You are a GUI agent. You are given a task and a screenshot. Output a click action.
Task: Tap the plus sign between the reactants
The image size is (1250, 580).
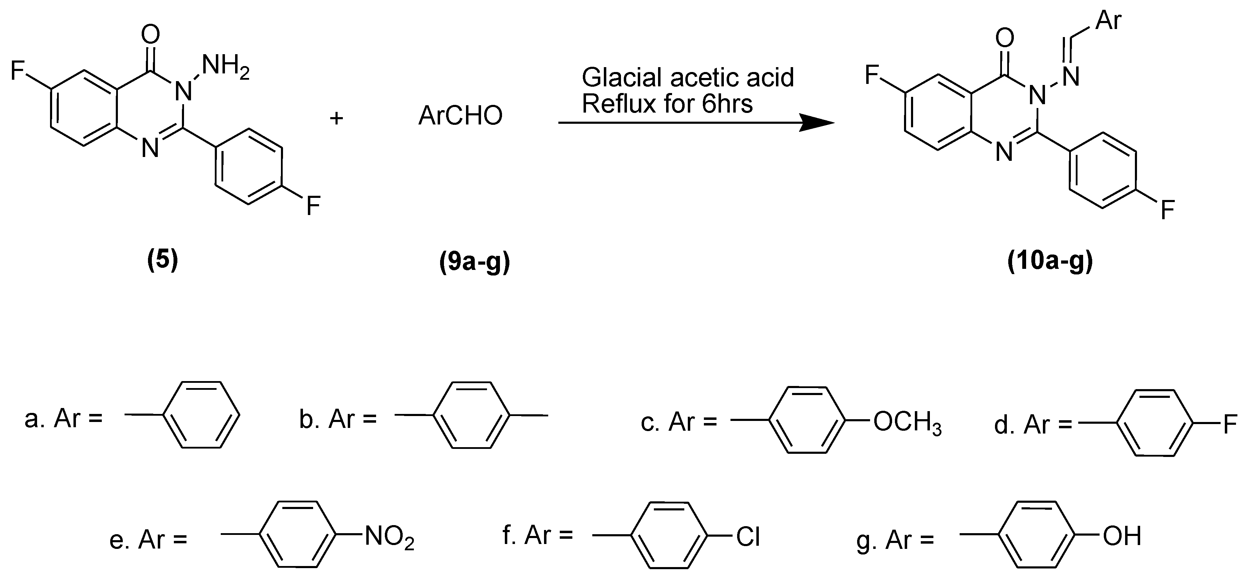(336, 118)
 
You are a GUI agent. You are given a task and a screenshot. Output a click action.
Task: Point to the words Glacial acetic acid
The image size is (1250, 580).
(687, 78)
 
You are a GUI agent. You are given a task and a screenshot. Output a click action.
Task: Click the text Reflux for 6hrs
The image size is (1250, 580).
(667, 104)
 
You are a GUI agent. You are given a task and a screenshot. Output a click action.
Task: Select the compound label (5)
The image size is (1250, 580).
(163, 260)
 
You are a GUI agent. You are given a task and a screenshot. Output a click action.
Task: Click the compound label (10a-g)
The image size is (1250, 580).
(1050, 262)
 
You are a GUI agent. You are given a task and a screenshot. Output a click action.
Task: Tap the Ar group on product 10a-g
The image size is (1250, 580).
(1109, 20)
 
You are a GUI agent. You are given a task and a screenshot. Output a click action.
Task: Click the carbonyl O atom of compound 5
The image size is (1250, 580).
(150, 35)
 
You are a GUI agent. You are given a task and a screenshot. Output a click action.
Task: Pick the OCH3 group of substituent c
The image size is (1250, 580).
(907, 422)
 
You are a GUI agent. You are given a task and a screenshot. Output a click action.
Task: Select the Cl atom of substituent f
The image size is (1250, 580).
(748, 537)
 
